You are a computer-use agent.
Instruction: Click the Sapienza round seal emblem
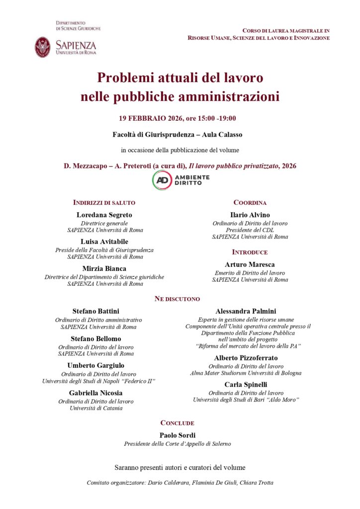(43, 47)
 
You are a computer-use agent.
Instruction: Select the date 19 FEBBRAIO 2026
(150, 118)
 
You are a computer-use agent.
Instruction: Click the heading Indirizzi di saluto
(104, 203)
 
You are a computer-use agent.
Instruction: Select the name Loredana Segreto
(104, 215)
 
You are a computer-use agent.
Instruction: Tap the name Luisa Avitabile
(104, 242)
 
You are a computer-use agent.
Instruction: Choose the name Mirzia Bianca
(104, 268)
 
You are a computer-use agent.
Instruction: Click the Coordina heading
(250, 203)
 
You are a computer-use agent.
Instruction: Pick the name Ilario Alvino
(250, 215)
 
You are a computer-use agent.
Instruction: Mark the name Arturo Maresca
(250, 264)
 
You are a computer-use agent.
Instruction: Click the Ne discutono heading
(177, 299)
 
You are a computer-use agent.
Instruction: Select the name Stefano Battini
(95, 311)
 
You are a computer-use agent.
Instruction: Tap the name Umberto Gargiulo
(95, 365)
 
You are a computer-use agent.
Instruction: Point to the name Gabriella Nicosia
(95, 392)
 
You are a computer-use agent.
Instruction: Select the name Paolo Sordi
(177, 435)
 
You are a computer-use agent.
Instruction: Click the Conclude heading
(177, 423)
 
